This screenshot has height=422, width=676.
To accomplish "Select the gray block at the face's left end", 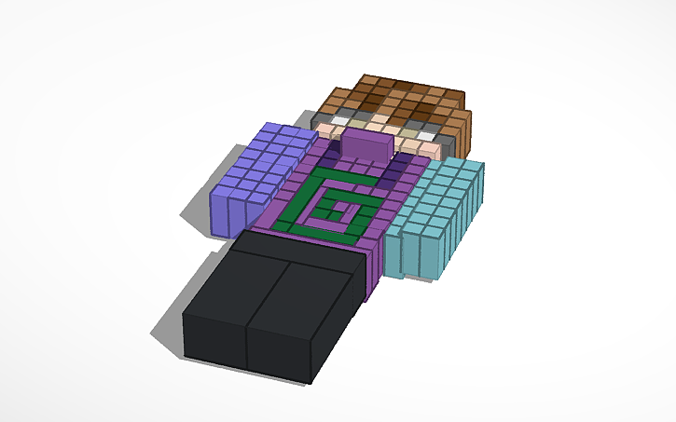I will tap(322, 116).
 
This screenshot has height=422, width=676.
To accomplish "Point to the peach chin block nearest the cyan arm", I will tap(429, 149).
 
